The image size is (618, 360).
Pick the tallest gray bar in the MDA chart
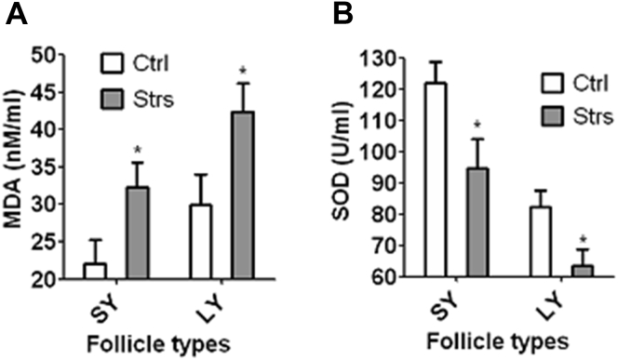pyautogui.click(x=242, y=195)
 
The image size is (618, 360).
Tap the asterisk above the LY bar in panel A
pyautogui.click(x=242, y=70)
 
